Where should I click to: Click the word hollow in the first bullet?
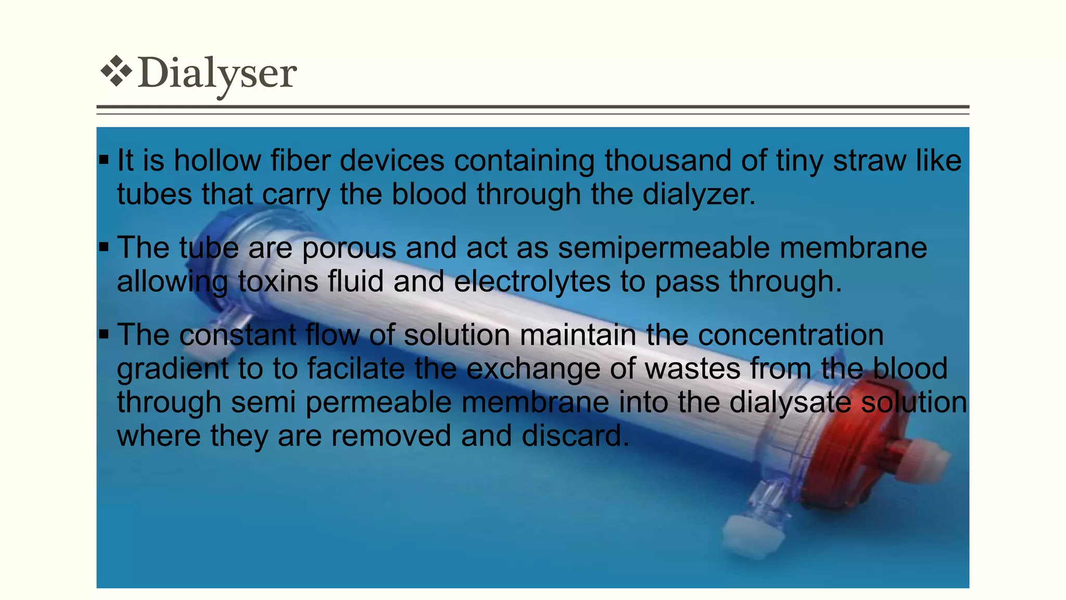[217, 160]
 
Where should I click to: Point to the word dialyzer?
[698, 194]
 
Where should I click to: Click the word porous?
[349, 247]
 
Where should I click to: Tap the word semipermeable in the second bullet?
[664, 248]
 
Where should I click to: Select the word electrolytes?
[532, 282]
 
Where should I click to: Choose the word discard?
[575, 436]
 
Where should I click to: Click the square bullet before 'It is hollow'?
[104, 160]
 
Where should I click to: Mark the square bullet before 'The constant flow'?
[104, 334]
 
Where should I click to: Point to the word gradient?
[172, 369]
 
